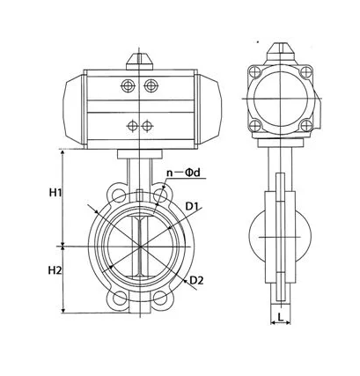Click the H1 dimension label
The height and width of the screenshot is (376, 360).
(x=55, y=193)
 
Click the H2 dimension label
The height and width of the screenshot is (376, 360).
(x=55, y=270)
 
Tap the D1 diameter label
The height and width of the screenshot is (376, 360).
(x=192, y=206)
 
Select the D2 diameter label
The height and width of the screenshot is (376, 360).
(x=196, y=280)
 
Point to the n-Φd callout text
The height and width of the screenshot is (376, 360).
(x=183, y=173)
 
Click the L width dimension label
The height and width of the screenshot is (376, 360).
(x=281, y=317)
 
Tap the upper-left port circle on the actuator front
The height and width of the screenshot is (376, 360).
(x=128, y=85)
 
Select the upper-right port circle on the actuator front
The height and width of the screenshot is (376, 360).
(x=151, y=85)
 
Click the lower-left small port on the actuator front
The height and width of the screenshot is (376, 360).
(x=132, y=126)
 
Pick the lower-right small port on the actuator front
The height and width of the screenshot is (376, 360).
(x=147, y=126)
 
